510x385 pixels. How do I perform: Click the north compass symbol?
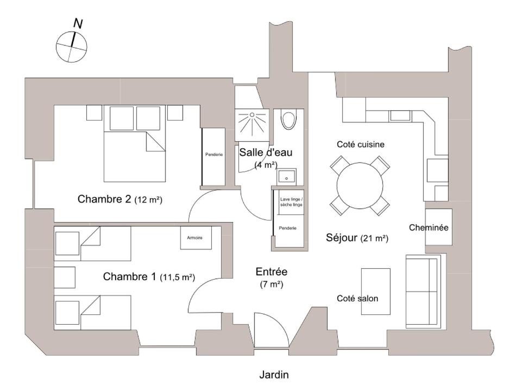click(72, 47)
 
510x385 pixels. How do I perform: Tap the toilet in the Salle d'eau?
click(289, 120)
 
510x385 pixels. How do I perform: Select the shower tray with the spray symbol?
click(252, 125)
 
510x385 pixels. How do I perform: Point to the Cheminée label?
click(429, 228)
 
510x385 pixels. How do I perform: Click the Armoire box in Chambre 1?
click(196, 238)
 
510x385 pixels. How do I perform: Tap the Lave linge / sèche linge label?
click(292, 202)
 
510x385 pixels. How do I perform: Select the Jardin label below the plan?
click(274, 375)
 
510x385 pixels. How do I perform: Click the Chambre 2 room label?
click(104, 199)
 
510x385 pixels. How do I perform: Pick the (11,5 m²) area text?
click(177, 277)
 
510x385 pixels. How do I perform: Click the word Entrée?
click(272, 272)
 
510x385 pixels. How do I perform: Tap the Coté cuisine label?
click(361, 144)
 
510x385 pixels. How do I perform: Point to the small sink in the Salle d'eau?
click(287, 177)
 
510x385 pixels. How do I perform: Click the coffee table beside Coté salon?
click(376, 292)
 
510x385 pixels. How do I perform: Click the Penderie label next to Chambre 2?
click(214, 154)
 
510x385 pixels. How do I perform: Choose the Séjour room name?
click(342, 238)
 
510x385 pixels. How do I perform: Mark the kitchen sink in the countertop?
click(400, 116)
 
